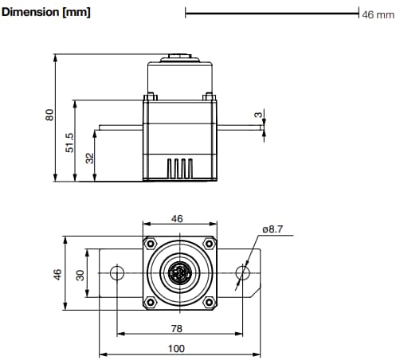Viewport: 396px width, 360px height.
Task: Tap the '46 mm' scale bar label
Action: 378,14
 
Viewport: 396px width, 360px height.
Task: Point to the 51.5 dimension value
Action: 69,142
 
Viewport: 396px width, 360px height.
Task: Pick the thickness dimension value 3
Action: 258,115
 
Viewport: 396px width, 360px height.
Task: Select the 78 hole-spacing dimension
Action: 177,328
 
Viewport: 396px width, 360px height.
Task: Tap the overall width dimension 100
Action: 177,348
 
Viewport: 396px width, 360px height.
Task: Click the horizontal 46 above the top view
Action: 177,218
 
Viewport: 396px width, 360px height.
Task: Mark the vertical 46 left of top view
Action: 57,273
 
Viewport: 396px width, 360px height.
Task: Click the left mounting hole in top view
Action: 117,274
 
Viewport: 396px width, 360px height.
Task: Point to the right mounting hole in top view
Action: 243,274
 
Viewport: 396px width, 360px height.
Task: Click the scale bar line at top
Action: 271,13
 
